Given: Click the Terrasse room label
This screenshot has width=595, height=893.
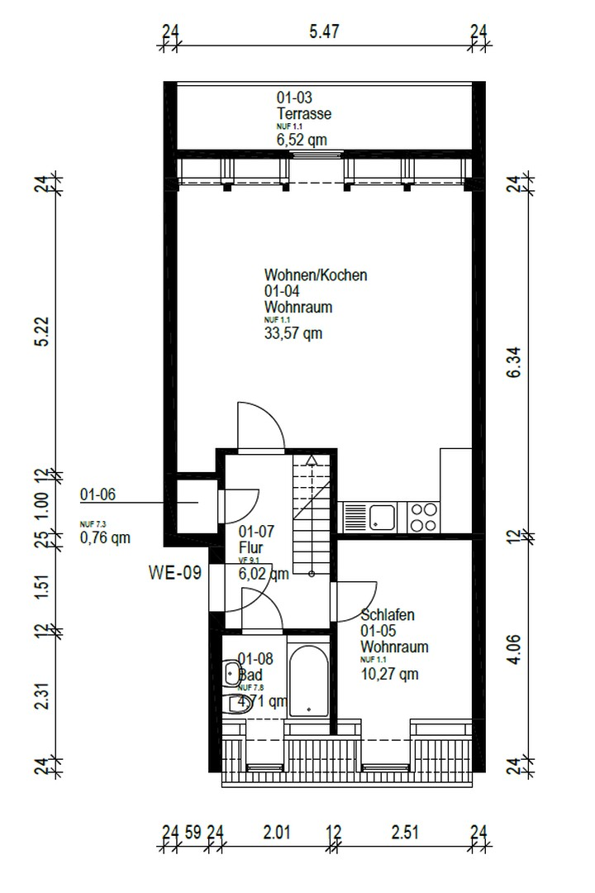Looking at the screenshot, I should [x=303, y=114].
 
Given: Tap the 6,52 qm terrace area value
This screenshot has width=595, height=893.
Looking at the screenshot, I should [x=301, y=141].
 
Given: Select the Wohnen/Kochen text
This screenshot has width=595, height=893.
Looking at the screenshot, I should [x=316, y=275].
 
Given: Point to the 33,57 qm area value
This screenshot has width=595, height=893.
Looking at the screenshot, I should [x=293, y=334].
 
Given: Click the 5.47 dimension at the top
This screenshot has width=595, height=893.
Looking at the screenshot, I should [x=325, y=32].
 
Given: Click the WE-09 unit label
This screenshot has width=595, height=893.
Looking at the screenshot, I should [x=174, y=572].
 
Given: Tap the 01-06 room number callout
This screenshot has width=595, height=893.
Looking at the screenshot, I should [x=98, y=495].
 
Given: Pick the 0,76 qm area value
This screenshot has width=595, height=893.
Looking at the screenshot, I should [x=105, y=538].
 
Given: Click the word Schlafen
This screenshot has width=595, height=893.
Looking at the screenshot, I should [x=388, y=615].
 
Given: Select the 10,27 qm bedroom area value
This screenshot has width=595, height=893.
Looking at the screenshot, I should [x=389, y=674].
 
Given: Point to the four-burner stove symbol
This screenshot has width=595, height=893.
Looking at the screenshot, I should [x=424, y=518].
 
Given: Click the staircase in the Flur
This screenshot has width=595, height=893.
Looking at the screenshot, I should [x=312, y=513].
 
